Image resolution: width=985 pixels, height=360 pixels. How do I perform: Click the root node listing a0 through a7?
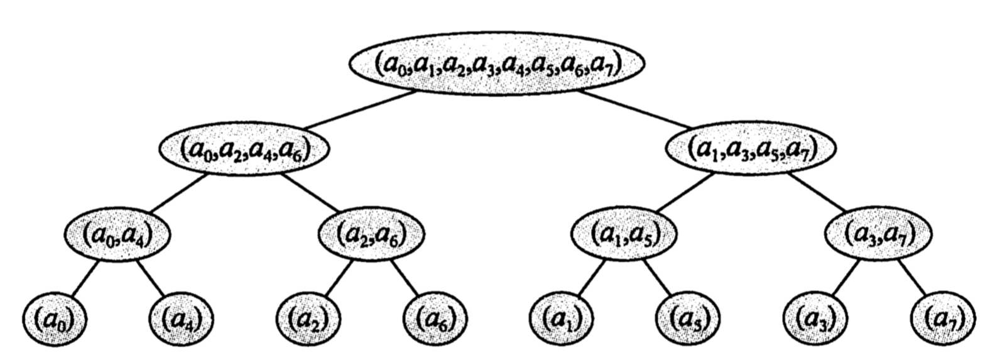coord(496,65)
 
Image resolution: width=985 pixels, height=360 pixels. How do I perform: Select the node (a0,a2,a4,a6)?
coord(244,149)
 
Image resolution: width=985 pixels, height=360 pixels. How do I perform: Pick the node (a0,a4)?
coord(117,234)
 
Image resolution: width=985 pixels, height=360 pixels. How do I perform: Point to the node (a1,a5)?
coord(624,234)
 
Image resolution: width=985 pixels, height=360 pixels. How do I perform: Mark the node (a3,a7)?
coord(878,234)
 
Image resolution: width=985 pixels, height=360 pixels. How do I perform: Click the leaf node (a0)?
coord(55,320)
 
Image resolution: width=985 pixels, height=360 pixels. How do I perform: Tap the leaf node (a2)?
coord(308,320)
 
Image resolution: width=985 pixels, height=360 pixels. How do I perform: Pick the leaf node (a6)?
coord(435,320)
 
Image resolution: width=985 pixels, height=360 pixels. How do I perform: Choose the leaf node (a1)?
coord(562,320)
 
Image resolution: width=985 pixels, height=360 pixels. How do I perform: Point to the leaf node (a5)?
coord(688,320)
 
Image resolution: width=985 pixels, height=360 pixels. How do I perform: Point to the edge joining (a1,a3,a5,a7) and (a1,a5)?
coord(685,193)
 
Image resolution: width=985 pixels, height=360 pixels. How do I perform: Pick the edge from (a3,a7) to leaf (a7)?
coord(912,278)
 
